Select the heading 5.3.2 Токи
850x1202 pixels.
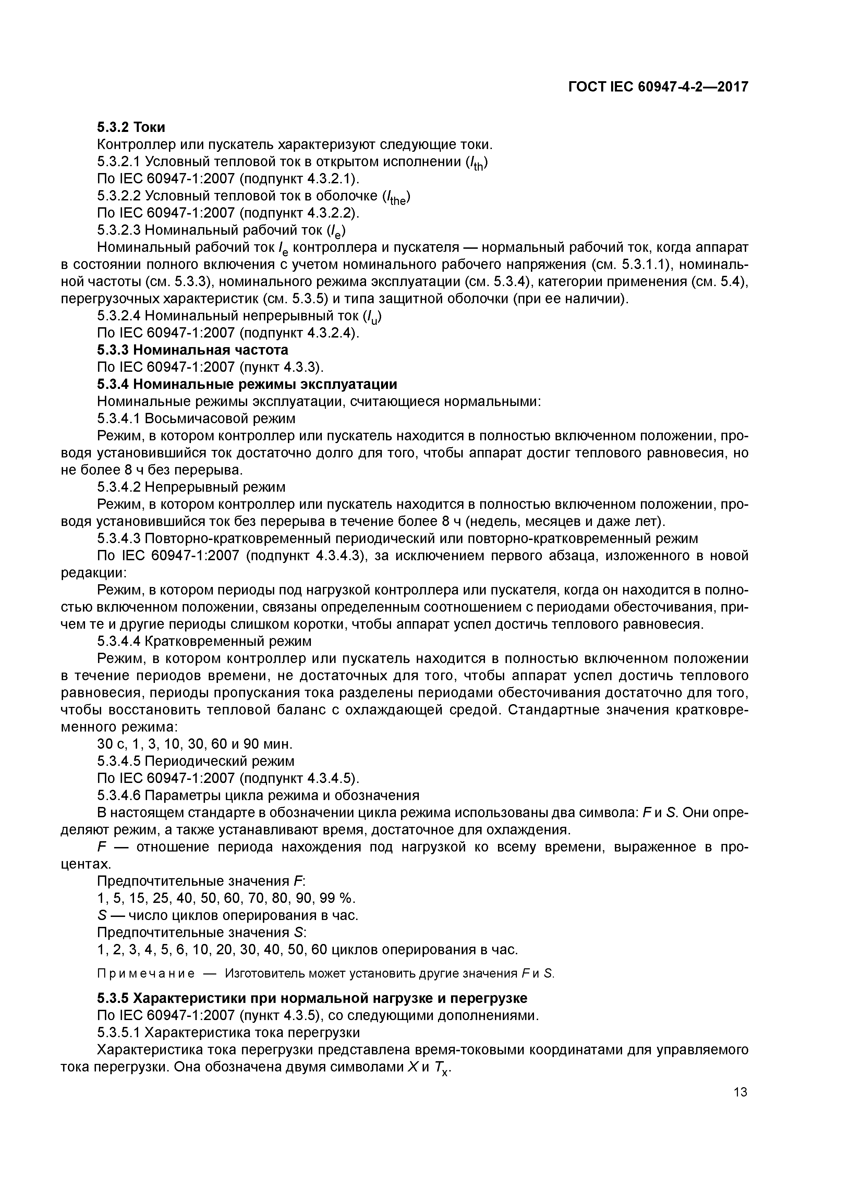click(x=131, y=127)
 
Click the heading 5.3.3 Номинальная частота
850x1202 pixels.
click(x=192, y=350)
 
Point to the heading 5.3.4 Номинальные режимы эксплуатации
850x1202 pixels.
click(x=247, y=384)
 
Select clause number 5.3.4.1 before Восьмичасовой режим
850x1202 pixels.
click(x=119, y=418)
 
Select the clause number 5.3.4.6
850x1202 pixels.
click(x=119, y=796)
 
